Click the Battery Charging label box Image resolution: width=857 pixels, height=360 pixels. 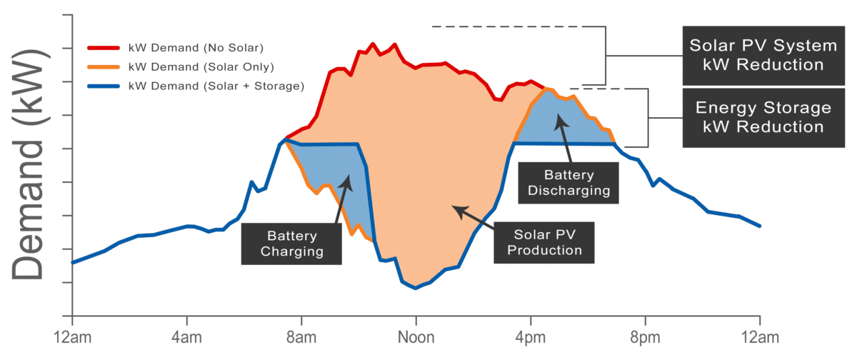(x=291, y=243)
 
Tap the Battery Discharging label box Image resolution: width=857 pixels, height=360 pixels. (x=568, y=182)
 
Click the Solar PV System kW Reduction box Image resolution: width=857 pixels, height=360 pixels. (x=763, y=55)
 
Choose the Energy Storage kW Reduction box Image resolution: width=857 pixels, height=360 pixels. (x=763, y=117)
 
